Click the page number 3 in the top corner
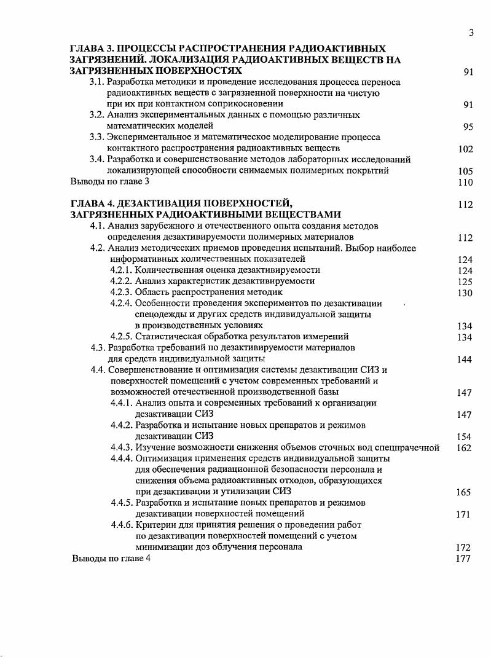470,33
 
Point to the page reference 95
468,127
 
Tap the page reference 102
465,149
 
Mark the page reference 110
465,183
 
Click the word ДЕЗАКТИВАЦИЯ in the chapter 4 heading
154,204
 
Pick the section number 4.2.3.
122,293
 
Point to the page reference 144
465,360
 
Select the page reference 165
465,492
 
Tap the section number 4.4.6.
122,525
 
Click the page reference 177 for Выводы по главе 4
465,559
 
